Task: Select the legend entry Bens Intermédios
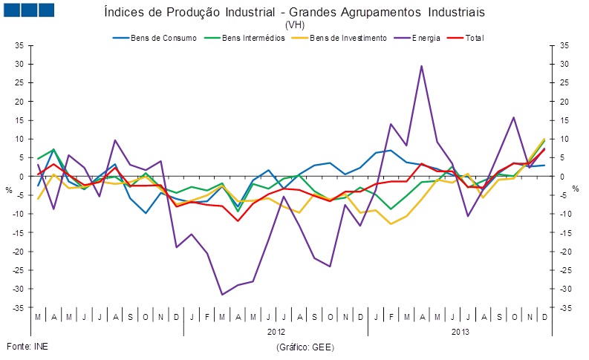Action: (253, 37)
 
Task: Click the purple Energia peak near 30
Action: (422, 66)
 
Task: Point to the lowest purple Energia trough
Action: (222, 295)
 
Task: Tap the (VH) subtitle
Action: (295, 24)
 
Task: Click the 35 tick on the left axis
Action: (20, 45)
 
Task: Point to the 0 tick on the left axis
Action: (22, 177)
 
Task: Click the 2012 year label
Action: (276, 332)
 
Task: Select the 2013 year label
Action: (461, 332)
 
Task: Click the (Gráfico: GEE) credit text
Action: (305, 347)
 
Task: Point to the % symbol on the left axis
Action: (9, 190)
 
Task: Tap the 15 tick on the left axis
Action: (20, 120)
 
